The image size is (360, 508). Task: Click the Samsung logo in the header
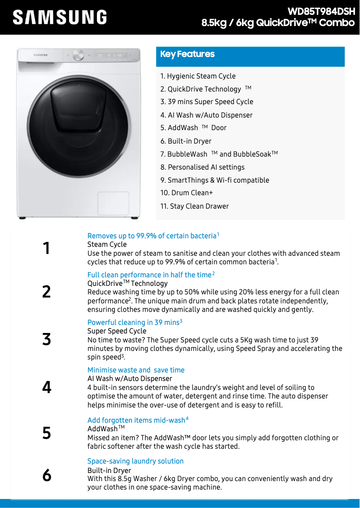60,18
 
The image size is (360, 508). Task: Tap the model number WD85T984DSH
321,11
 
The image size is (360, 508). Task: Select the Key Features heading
188,54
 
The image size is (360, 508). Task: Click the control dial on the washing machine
79,55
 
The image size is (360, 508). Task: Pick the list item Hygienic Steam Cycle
198,76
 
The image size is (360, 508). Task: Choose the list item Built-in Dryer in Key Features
186,141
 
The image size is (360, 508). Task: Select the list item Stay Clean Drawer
194,206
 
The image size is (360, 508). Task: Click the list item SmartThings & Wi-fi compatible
215,180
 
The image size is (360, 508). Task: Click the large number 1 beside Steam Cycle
46,248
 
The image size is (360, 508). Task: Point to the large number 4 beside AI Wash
47,387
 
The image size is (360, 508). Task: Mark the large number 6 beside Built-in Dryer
47,475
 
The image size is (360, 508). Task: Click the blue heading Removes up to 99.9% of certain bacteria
152,236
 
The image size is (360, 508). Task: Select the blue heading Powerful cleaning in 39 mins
133,323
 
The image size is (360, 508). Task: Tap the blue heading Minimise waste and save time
136,370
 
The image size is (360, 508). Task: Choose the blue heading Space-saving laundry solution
135,461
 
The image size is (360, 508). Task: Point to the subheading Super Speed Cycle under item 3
117,331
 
